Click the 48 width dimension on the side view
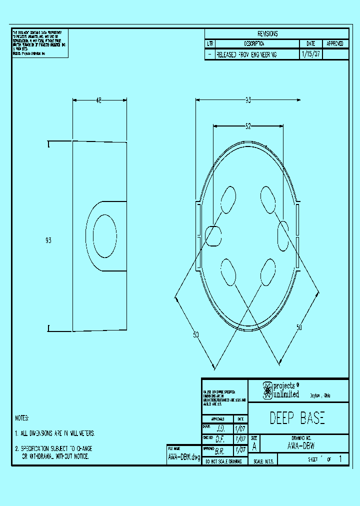tap(98, 101)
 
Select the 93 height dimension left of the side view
tap(48, 240)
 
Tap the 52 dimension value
tap(248, 126)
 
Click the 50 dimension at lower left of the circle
tap(195, 334)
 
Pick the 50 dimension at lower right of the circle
tap(299, 327)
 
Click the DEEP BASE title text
tap(297, 418)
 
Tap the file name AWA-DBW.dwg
tap(183, 457)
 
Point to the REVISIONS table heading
tap(267, 34)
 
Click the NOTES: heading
tap(22, 418)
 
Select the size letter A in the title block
tap(255, 446)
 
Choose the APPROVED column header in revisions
tap(335, 44)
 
